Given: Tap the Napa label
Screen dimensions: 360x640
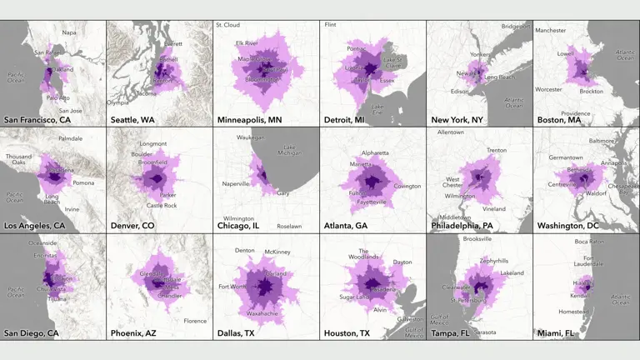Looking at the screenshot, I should [x=69, y=32].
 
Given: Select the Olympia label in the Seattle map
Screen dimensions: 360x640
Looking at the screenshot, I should [x=117, y=102].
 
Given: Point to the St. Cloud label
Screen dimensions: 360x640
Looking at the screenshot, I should [x=227, y=25].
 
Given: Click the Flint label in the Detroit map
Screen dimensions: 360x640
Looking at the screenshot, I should [x=331, y=25].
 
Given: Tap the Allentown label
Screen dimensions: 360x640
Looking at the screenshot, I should [x=451, y=132].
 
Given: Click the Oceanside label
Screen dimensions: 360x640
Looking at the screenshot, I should [x=43, y=242].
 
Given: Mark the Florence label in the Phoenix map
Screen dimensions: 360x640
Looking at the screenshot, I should [x=195, y=320].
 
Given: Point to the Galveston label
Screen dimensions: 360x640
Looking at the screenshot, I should [x=410, y=319].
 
